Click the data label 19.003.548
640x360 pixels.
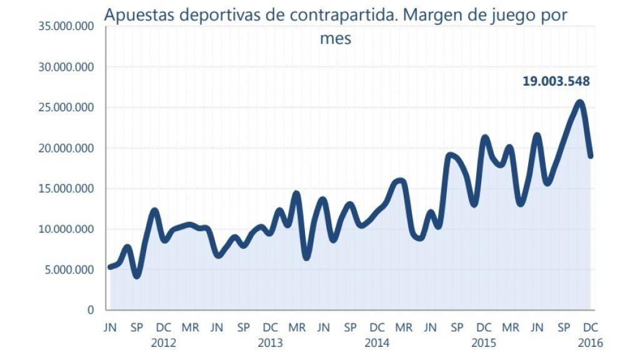point(556,81)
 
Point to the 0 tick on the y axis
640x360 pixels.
point(91,310)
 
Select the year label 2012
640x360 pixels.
point(164,342)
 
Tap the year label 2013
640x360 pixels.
point(270,342)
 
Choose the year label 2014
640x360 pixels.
point(377,342)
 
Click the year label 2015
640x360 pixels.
point(484,342)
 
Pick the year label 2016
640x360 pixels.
point(591,342)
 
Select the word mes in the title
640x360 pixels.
point(335,39)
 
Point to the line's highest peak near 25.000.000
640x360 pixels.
point(580,102)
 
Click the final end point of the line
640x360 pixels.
point(591,156)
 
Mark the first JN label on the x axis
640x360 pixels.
point(110,327)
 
